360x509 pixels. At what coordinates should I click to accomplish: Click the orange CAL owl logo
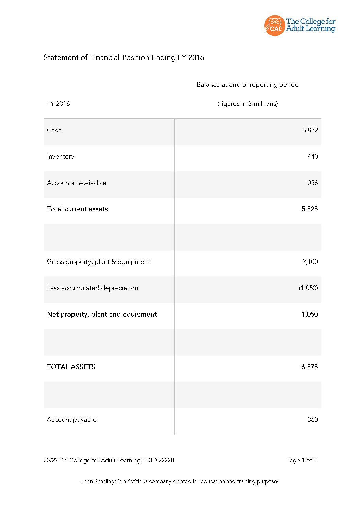[274, 25]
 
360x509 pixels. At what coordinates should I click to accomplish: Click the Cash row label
[54, 130]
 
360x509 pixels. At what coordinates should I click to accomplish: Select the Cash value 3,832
[310, 130]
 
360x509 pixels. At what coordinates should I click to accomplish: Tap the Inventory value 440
[312, 156]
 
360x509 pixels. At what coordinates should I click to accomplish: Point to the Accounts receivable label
[77, 183]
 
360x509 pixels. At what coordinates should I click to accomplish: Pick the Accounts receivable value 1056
[311, 183]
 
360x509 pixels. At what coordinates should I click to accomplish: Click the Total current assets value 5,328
[310, 209]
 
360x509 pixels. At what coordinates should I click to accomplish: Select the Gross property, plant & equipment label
[98, 261]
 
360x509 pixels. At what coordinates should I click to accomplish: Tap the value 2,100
[310, 261]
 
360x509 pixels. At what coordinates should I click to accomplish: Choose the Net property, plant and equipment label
[102, 314]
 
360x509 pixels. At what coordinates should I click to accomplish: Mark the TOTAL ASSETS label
[71, 367]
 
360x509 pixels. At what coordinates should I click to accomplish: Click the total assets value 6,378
[310, 367]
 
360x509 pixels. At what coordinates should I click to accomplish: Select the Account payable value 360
[312, 419]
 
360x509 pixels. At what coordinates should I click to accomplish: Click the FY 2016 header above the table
[59, 103]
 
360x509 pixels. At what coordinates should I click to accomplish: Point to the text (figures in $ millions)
[248, 103]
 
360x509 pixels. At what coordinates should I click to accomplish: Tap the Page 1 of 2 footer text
[301, 460]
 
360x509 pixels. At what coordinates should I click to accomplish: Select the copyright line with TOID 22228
[109, 460]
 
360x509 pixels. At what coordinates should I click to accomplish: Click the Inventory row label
[61, 156]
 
